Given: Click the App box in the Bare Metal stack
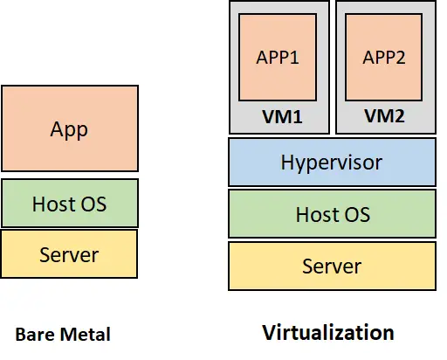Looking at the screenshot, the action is tap(70, 128).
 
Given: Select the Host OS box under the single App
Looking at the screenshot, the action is tap(70, 203).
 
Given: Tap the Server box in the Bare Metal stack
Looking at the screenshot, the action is tap(69, 254).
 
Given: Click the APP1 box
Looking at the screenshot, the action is tap(278, 57).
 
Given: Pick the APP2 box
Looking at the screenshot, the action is tap(384, 57).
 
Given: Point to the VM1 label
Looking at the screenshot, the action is tap(282, 117).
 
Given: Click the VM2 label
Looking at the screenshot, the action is tap(384, 116).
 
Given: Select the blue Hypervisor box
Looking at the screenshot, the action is tap(332, 162).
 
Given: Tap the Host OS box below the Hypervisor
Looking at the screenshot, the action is tap(332, 214).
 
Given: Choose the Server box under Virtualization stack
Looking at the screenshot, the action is tap(332, 266).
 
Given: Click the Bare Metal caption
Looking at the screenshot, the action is tap(63, 334).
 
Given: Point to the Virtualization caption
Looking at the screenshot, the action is tap(328, 332).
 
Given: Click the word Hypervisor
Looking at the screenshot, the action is tap(332, 163).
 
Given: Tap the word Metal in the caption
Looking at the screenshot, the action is tap(86, 334).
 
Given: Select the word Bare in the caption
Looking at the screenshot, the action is tap(36, 335).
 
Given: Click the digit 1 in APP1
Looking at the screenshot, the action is tap(294, 58).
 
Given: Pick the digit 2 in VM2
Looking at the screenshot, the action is tap(398, 116).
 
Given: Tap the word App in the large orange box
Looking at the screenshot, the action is tap(69, 130).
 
